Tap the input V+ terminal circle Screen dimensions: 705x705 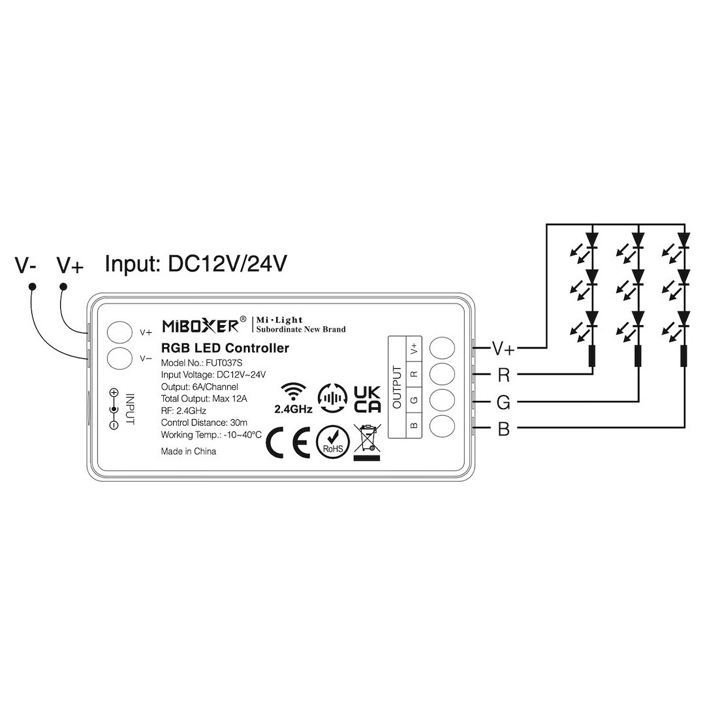tap(119, 332)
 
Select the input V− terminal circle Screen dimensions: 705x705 tap(119, 358)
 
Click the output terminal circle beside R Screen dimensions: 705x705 tap(442, 374)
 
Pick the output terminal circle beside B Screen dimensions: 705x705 tap(442, 426)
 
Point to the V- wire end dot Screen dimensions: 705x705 tap(31, 287)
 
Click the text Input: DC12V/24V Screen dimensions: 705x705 tap(196, 264)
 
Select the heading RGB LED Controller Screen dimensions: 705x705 tap(225, 349)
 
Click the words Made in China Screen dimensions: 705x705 tap(188, 451)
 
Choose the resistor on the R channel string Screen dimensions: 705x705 tap(591, 356)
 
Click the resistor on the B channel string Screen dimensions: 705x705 tap(683, 356)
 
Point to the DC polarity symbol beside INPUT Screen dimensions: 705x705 tap(114, 409)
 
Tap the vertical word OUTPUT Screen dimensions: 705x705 tap(396, 386)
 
